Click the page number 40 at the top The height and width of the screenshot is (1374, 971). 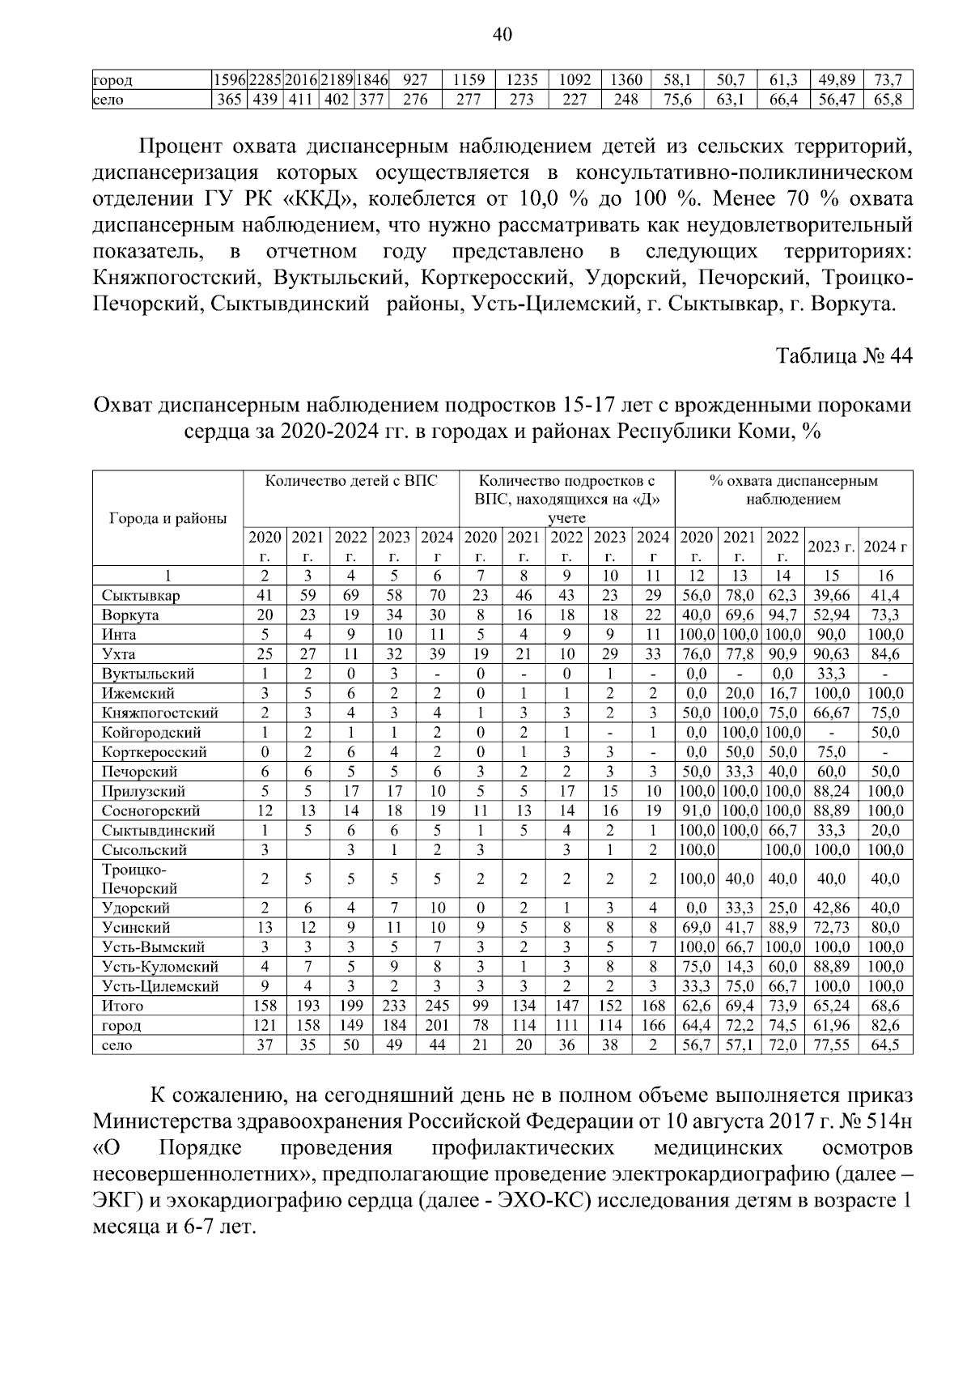pyautogui.click(x=502, y=35)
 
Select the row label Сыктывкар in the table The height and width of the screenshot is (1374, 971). pyautogui.click(x=141, y=595)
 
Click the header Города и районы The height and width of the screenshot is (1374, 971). pyautogui.click(x=167, y=518)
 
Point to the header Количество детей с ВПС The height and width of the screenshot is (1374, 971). pyautogui.click(x=351, y=481)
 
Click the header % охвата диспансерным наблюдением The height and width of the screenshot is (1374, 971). pyautogui.click(x=793, y=490)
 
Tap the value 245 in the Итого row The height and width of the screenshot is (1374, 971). pyautogui.click(x=437, y=1006)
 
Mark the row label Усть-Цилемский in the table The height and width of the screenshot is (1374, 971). pyautogui.click(x=160, y=986)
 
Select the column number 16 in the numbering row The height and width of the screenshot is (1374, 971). pyautogui.click(x=885, y=576)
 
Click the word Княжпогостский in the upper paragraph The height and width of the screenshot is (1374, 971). pyautogui.click(x=177, y=278)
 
